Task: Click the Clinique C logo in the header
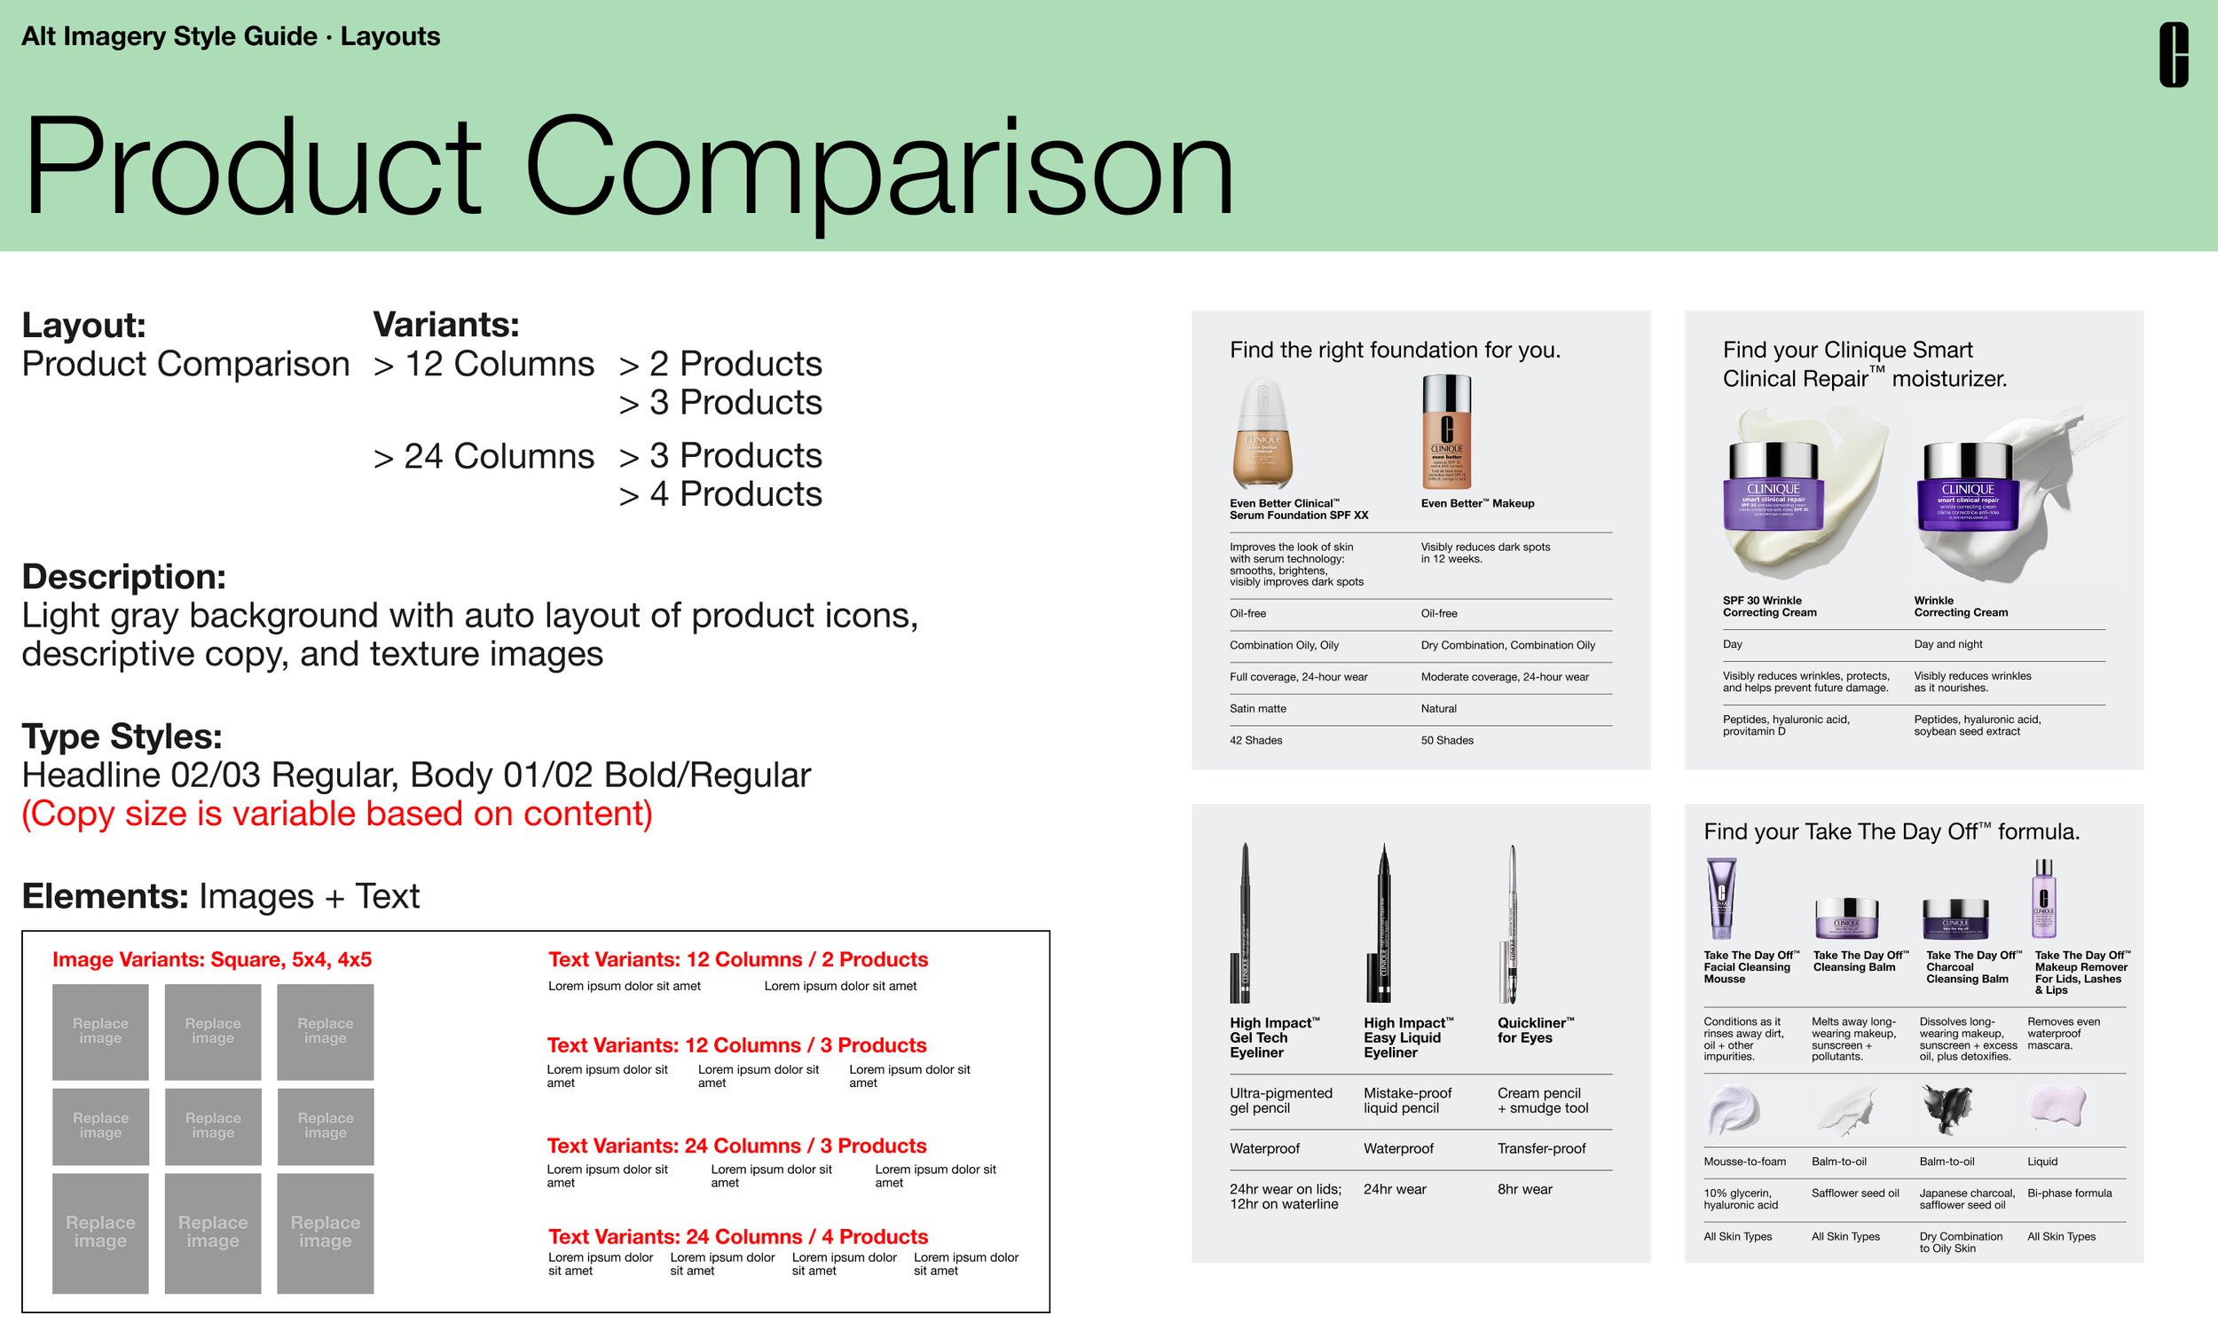(2173, 56)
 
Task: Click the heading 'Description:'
(123, 577)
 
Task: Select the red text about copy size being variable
(337, 814)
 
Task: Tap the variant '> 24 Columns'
(484, 456)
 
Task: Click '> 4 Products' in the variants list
(720, 494)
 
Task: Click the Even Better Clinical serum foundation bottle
(1262, 433)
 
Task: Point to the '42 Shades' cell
(1255, 740)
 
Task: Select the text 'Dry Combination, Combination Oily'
(1508, 645)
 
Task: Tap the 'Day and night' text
(1948, 644)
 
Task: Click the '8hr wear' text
(1524, 1189)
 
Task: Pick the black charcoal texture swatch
(1947, 1107)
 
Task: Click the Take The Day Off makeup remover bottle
(2043, 899)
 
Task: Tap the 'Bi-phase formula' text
(2069, 1193)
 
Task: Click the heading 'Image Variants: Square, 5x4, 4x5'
(211, 960)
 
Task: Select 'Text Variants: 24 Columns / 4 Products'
(738, 1237)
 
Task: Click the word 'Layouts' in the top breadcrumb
(390, 36)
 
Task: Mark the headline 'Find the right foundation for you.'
(1395, 350)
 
